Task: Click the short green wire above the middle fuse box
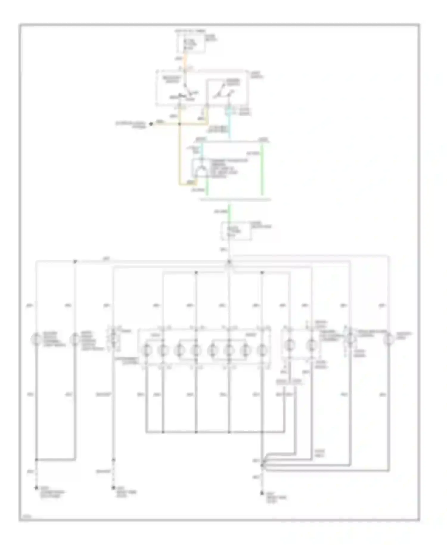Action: click(229, 212)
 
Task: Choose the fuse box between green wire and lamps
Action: click(236, 231)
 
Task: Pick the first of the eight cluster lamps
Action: click(146, 350)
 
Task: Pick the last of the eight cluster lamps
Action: click(262, 350)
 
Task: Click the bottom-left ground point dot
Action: click(36, 488)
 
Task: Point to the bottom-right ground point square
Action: click(262, 493)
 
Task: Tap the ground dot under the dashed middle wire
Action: click(114, 488)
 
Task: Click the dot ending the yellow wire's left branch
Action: click(151, 124)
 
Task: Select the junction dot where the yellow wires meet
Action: click(180, 124)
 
